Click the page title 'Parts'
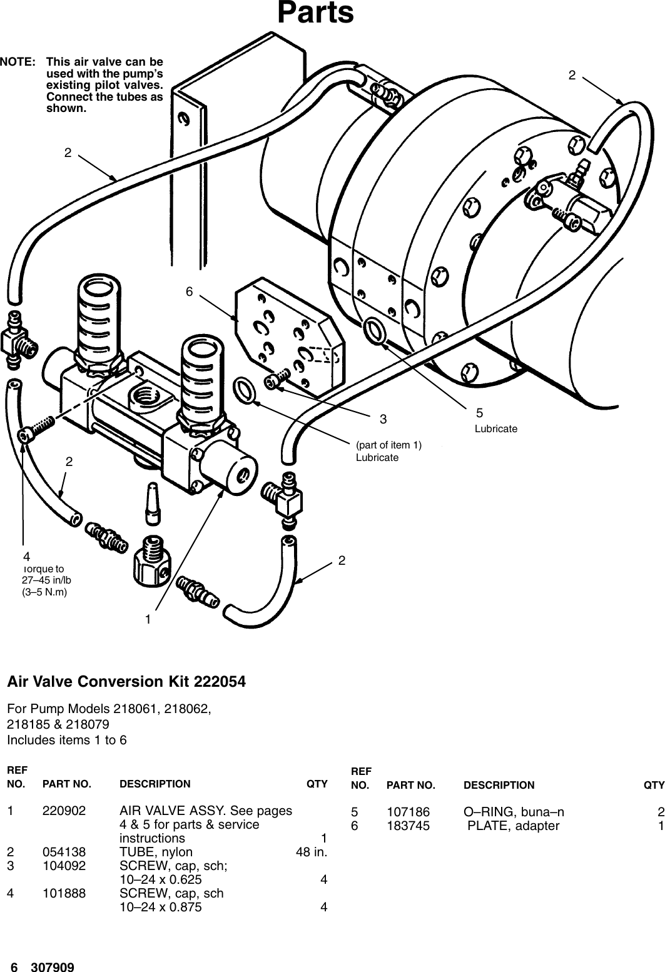point(315,14)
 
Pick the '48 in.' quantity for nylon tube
point(311,852)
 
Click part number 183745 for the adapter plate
point(409,826)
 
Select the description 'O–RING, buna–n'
point(513,812)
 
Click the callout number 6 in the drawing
point(188,292)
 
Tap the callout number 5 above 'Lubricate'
point(479,413)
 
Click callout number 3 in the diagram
point(383,418)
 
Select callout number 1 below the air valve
point(148,619)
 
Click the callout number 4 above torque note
point(26,556)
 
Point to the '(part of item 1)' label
point(388,445)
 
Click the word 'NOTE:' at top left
point(18,62)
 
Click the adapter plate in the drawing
point(288,338)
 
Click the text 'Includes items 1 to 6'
point(66,740)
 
